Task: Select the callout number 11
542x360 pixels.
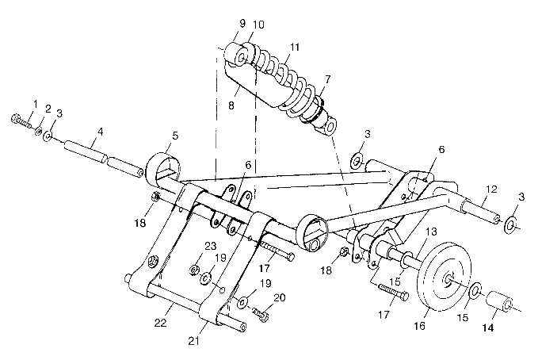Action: (295, 49)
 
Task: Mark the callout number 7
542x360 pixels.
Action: (328, 79)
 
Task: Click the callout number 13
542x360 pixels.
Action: (432, 230)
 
